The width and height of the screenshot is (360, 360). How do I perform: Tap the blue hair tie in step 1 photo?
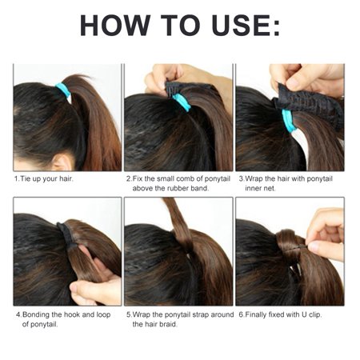click(63, 90)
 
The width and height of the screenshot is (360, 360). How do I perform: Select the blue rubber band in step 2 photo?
click(182, 102)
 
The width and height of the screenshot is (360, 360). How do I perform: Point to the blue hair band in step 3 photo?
click(289, 121)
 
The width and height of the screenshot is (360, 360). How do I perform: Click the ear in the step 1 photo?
click(62, 162)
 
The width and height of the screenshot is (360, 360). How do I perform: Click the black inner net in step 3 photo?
click(310, 106)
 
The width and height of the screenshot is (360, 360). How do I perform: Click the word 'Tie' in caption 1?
click(26, 178)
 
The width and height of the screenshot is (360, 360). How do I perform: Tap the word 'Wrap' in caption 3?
click(254, 178)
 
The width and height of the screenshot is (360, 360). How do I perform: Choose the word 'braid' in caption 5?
click(168, 325)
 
